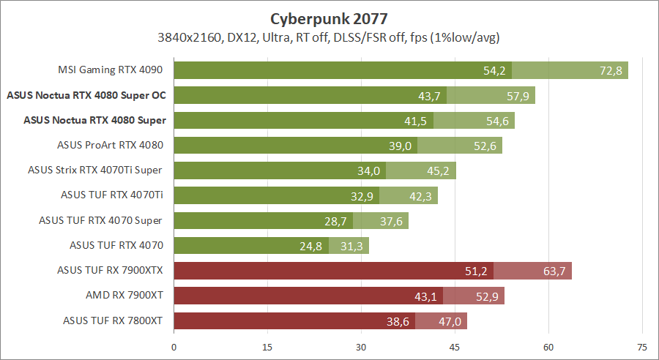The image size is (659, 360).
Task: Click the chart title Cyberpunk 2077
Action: click(329, 17)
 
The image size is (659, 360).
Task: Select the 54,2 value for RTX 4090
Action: click(495, 70)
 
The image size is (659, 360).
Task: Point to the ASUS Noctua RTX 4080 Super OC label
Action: click(86, 95)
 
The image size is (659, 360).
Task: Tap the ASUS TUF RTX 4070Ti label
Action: click(112, 195)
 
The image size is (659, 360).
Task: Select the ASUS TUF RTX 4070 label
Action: click(116, 245)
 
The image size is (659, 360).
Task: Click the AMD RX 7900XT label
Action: click(124, 295)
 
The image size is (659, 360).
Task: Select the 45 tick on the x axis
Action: click(455, 347)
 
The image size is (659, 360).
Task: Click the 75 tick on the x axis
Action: click(642, 347)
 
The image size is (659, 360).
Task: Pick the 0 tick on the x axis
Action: click(174, 347)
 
